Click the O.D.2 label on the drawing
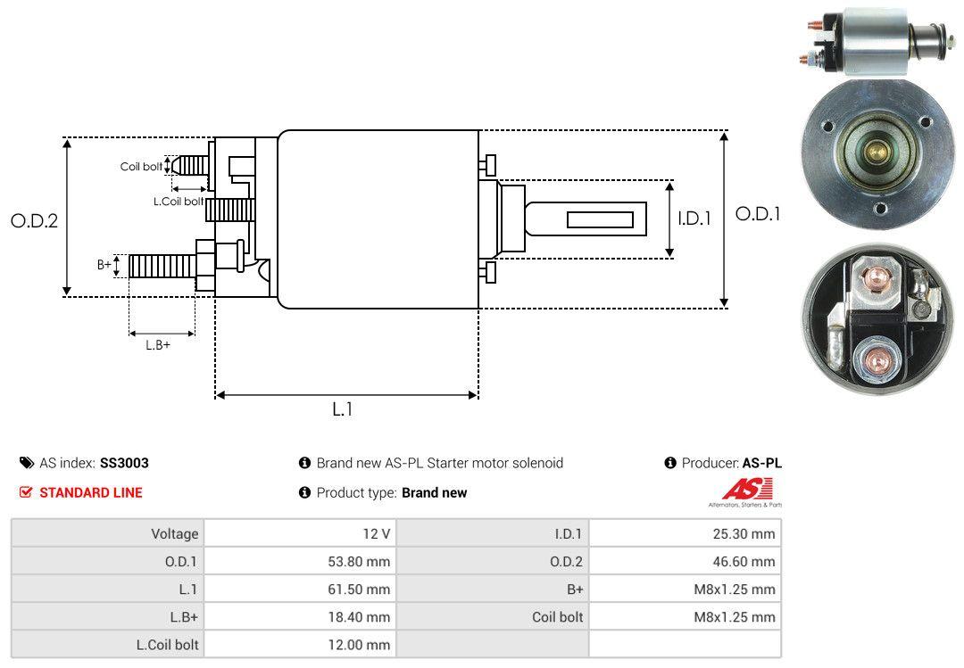(35, 220)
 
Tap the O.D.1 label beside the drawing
(758, 214)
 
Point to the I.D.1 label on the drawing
(694, 219)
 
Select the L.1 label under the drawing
(343, 409)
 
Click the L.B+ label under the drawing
(158, 345)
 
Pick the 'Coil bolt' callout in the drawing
(141, 167)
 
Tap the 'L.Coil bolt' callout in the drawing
(179, 202)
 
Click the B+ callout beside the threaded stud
(104, 264)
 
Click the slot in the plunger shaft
(600, 220)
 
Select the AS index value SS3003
(124, 464)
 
